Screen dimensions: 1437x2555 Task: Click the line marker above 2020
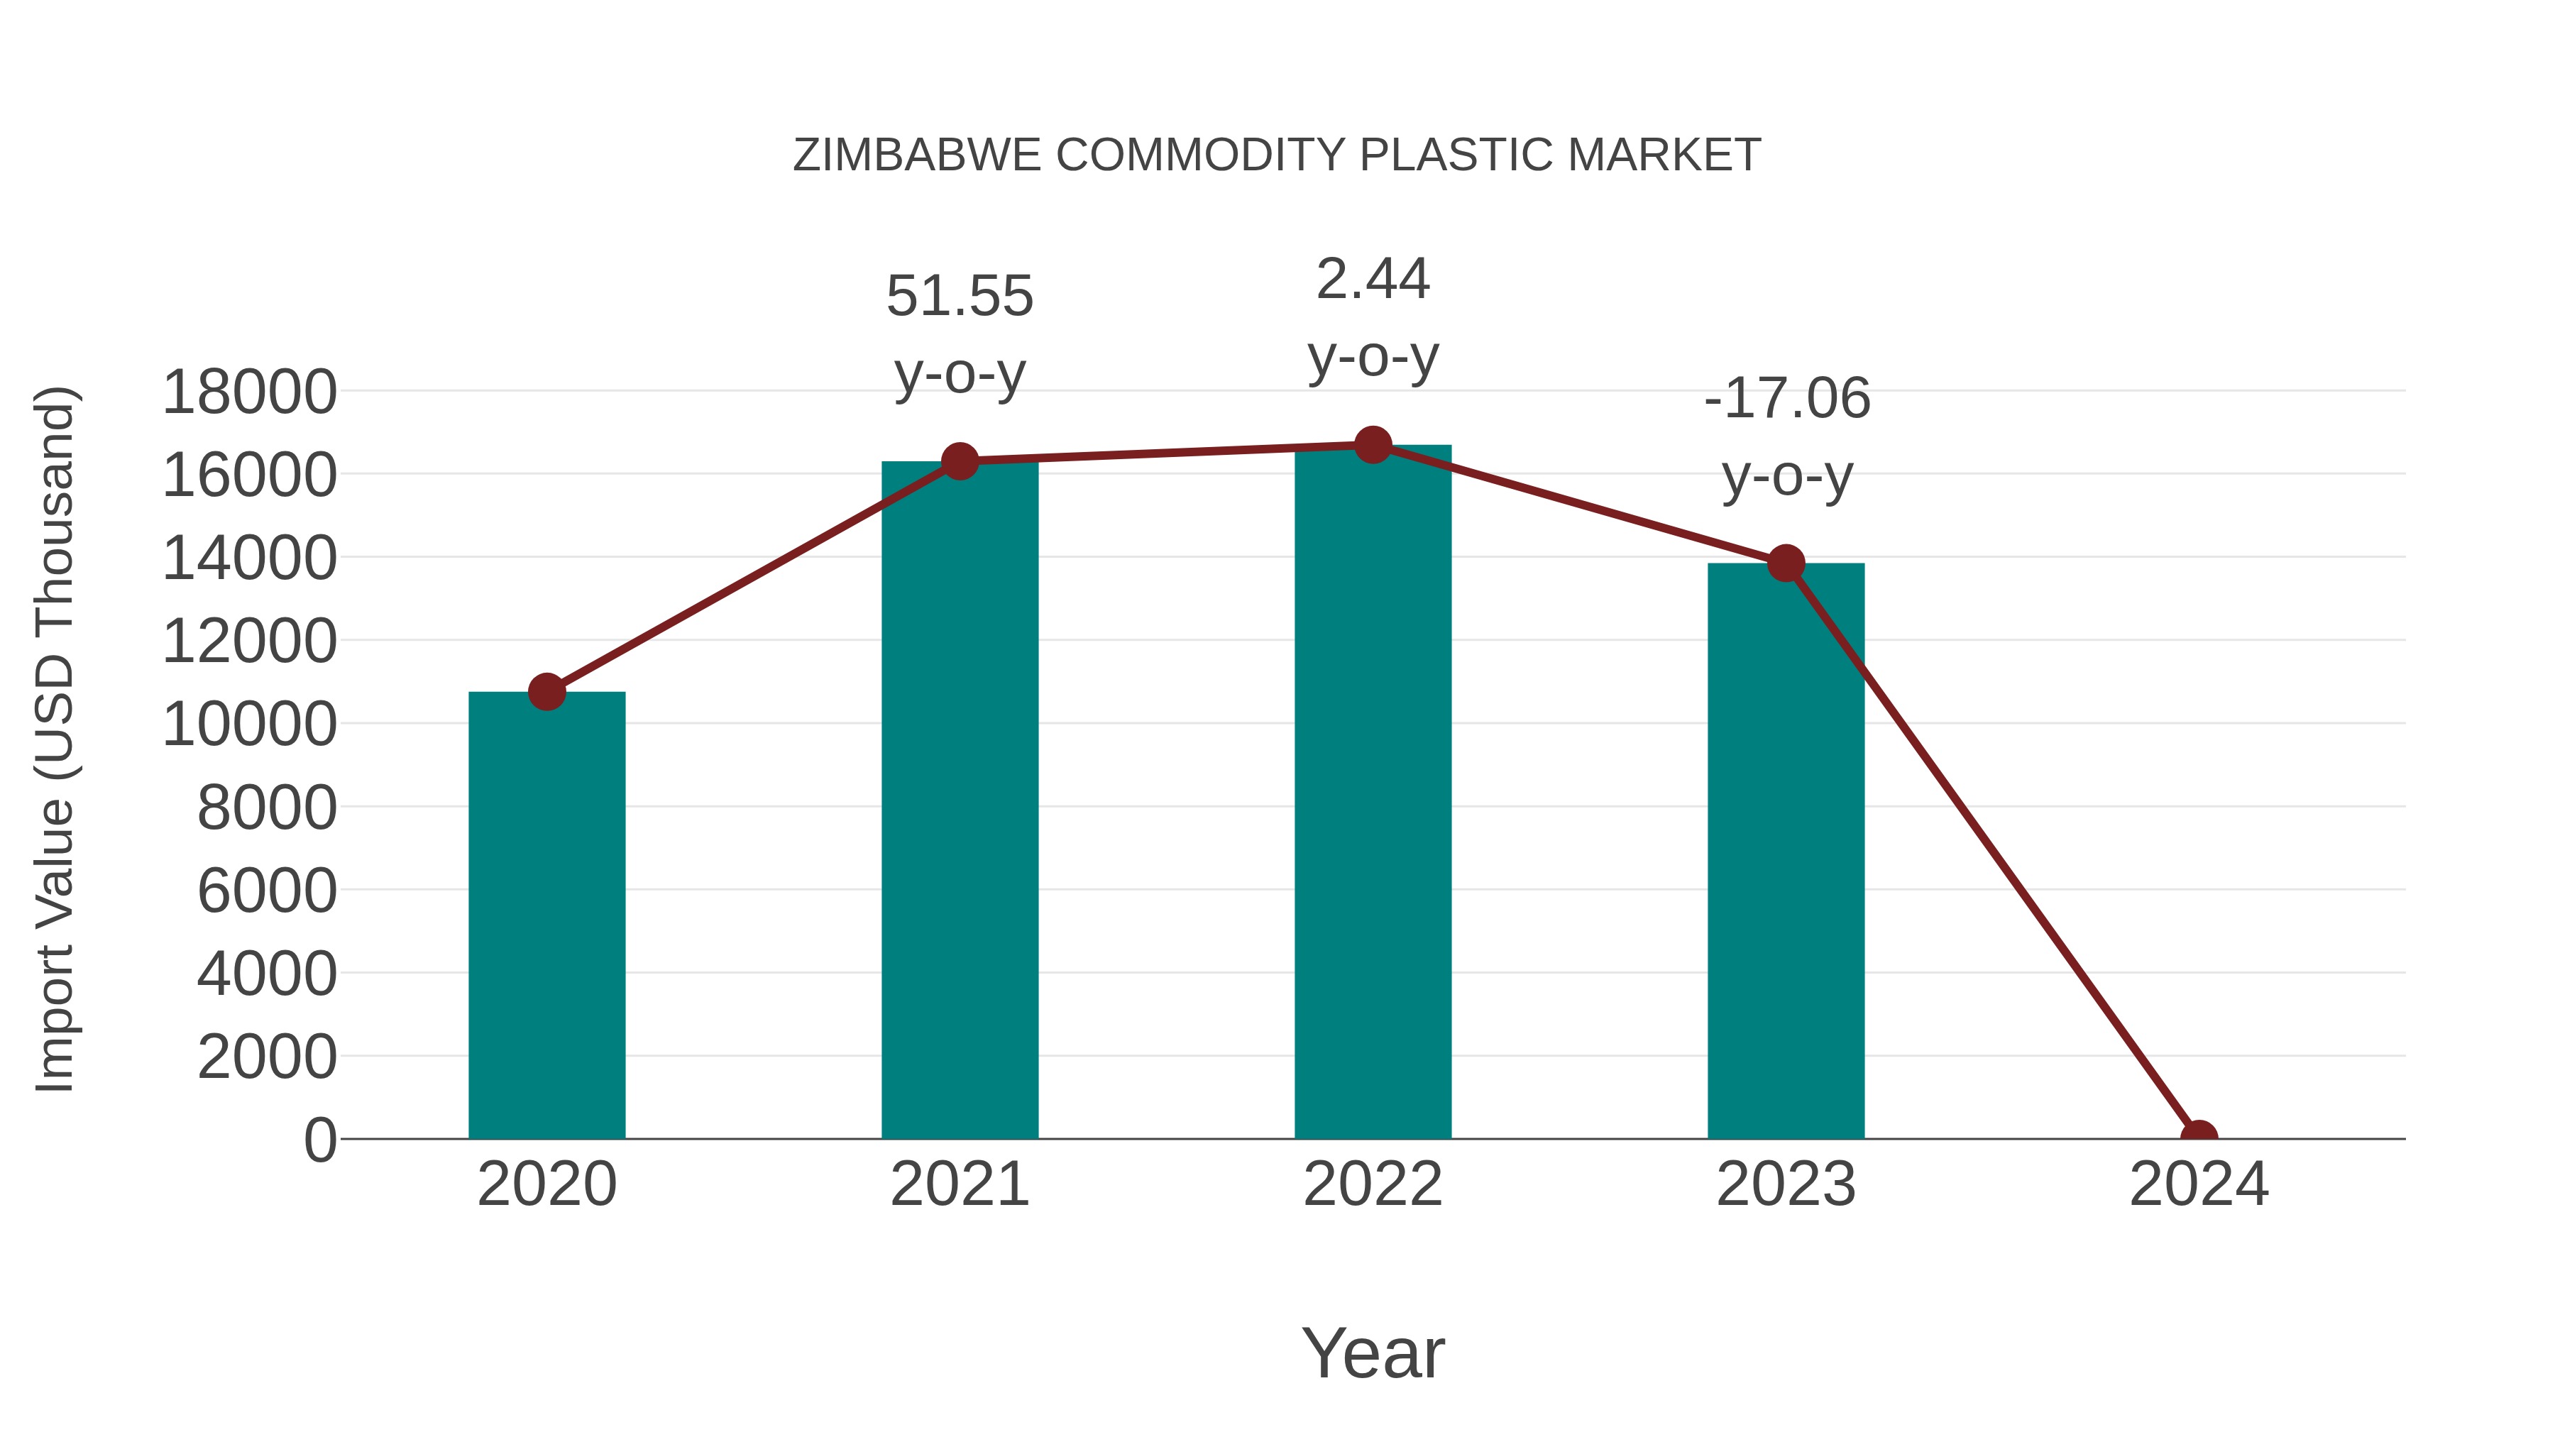pyautogui.click(x=546, y=691)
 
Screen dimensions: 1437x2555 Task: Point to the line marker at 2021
pyautogui.click(x=959, y=461)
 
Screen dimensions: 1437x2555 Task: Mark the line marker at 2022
pyautogui.click(x=1373, y=445)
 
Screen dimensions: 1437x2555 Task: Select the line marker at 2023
pyautogui.click(x=1786, y=563)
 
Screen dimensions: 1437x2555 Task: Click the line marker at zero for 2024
pyautogui.click(x=2199, y=1137)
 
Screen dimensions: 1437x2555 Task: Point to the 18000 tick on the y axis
pyautogui.click(x=249, y=392)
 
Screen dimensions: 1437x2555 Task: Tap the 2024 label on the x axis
pyautogui.click(x=2199, y=1184)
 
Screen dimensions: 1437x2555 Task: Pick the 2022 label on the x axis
pyautogui.click(x=1373, y=1184)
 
